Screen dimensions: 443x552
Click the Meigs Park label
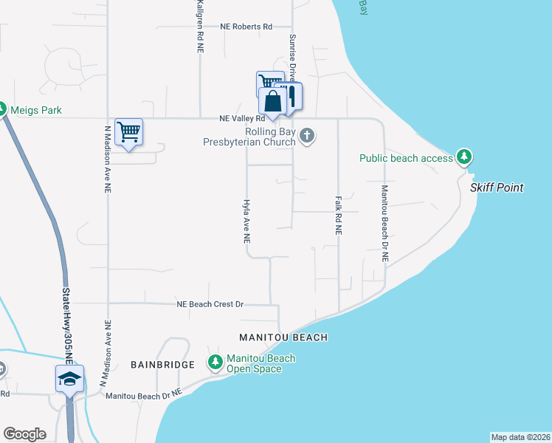pos(35,111)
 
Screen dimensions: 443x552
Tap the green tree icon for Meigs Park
pos(2,110)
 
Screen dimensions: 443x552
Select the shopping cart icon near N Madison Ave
pos(129,133)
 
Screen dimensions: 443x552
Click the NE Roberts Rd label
pos(246,27)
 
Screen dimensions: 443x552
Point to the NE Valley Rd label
pos(242,118)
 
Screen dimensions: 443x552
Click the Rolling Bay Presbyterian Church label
pos(249,137)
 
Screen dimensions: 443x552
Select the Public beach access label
pos(406,158)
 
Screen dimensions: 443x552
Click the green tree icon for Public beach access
pos(464,157)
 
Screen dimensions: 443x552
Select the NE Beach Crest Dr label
pos(210,304)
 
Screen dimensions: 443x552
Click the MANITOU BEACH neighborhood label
pos(283,337)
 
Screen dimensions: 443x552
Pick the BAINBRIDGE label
pos(162,365)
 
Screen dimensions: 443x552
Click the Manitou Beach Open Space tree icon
pos(215,363)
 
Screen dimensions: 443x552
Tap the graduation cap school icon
pos(69,379)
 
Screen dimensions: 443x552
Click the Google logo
pos(24,434)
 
